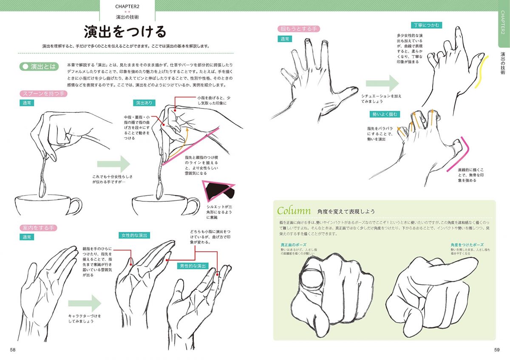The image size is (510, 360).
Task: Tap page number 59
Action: (497, 350)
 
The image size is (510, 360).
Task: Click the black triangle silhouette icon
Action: (219, 190)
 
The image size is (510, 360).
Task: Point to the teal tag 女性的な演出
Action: (135, 235)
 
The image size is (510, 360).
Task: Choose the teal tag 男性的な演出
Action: (192, 266)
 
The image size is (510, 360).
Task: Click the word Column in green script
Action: (292, 210)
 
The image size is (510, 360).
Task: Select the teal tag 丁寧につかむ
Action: (426, 26)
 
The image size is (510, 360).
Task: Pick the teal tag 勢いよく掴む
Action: (385, 114)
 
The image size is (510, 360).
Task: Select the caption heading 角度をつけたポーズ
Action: (467, 245)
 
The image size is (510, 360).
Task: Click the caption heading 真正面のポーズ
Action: (293, 245)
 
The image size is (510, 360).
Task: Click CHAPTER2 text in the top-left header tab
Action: (127, 6)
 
